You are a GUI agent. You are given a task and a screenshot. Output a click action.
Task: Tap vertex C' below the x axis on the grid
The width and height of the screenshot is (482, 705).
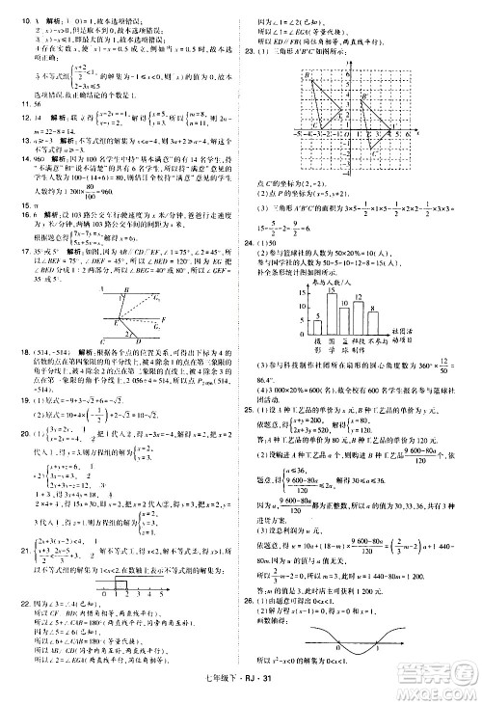tap(371, 149)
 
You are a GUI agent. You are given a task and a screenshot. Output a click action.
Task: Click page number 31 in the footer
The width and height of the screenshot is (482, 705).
tap(273, 694)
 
